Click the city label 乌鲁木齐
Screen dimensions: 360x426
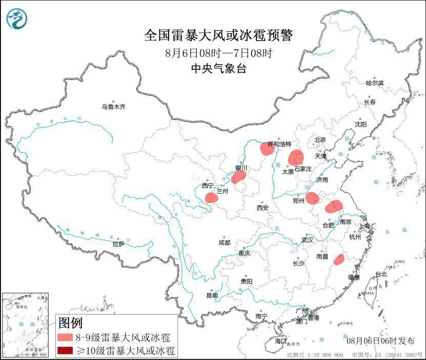[113, 107]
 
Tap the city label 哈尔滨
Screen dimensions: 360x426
[374, 83]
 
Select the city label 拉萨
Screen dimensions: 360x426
[118, 244]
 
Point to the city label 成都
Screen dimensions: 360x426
[224, 242]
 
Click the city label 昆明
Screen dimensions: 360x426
[212, 295]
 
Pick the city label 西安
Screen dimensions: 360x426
[262, 208]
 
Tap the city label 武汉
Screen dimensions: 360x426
[307, 240]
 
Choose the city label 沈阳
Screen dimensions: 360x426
[360, 124]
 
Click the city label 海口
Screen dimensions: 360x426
[280, 341]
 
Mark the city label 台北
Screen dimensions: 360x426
[381, 274]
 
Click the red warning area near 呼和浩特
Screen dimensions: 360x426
[267, 149]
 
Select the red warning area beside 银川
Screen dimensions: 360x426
[238, 177]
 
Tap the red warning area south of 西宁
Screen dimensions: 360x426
[211, 198]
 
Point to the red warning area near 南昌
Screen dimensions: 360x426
[338, 260]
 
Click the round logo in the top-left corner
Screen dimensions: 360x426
[17, 19]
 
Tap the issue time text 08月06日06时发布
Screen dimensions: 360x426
[380, 341]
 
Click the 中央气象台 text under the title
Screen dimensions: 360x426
[218, 69]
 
